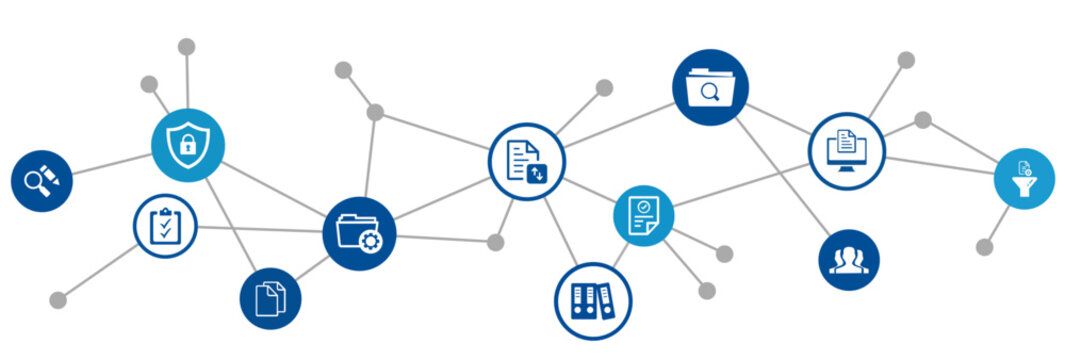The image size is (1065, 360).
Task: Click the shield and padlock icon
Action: coord(188,146)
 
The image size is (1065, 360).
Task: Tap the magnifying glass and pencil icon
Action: coord(42,181)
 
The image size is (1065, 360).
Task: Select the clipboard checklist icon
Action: coord(165,226)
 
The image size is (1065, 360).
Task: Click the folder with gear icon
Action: coord(359,234)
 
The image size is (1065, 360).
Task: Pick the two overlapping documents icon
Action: coord(270,298)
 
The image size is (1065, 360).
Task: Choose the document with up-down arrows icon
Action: coord(527,161)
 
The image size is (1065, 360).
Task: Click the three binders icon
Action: coord(593,301)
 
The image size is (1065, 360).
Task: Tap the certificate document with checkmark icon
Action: coord(643,215)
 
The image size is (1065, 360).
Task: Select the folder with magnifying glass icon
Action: coord(710,88)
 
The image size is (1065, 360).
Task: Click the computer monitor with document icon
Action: coord(847,150)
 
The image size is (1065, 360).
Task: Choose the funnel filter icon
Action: coord(1024,179)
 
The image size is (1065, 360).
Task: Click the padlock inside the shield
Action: coord(188,148)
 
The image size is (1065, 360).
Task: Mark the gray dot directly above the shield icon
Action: coord(186,47)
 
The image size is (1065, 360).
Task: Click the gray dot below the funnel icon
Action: coord(985,246)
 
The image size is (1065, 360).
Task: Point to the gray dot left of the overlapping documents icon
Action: coord(58,299)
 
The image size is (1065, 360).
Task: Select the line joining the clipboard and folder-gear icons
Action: coord(260,230)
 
